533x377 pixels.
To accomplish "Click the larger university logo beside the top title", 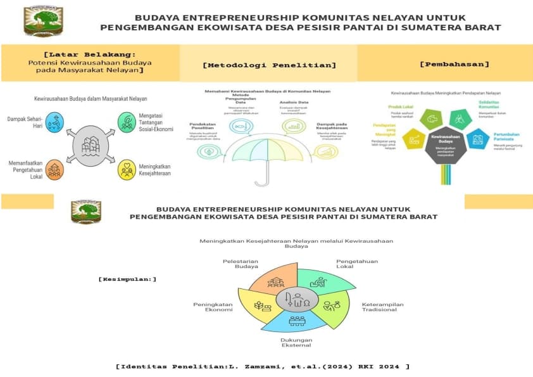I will (x=43, y=22).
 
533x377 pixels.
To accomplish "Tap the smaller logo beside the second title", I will (x=86, y=212).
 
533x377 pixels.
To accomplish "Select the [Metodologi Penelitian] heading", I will (x=269, y=65).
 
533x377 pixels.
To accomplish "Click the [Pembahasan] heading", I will (x=454, y=64).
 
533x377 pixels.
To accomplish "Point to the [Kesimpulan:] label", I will (x=127, y=279).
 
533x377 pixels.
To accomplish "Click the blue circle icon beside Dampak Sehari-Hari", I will (x=55, y=122).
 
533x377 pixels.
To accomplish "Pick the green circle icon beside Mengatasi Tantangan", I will (x=127, y=122).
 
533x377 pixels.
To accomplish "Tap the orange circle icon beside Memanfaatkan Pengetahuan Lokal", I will (x=54, y=169).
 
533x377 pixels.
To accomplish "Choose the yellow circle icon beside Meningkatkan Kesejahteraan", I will (x=127, y=169).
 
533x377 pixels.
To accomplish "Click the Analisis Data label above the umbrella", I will (x=294, y=103).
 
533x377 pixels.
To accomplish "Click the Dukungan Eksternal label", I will (x=296, y=343).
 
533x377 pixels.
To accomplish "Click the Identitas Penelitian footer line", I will (x=263, y=366).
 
